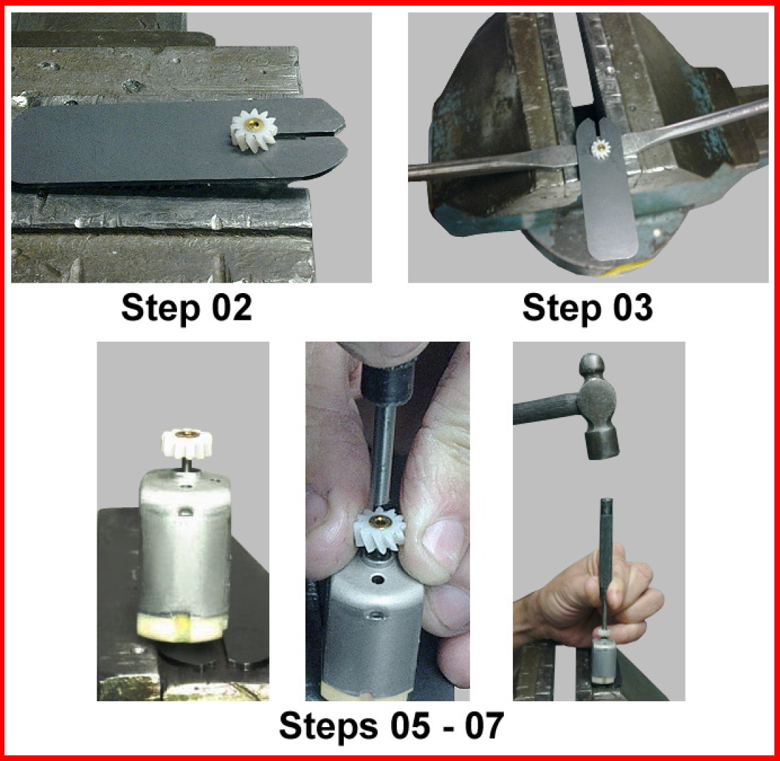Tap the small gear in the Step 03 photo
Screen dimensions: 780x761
pyautogui.click(x=601, y=149)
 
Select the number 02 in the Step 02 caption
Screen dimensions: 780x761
pyautogui.click(x=232, y=308)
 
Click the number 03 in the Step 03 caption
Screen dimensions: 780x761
pyautogui.click(x=633, y=308)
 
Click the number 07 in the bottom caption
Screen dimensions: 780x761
pyautogui.click(x=484, y=726)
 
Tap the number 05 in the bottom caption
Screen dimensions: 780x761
pyautogui.click(x=410, y=726)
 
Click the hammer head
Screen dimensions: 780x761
pyautogui.click(x=598, y=406)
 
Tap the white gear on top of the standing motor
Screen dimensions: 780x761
pyautogui.click(x=187, y=444)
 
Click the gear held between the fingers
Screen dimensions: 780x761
pyautogui.click(x=380, y=531)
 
